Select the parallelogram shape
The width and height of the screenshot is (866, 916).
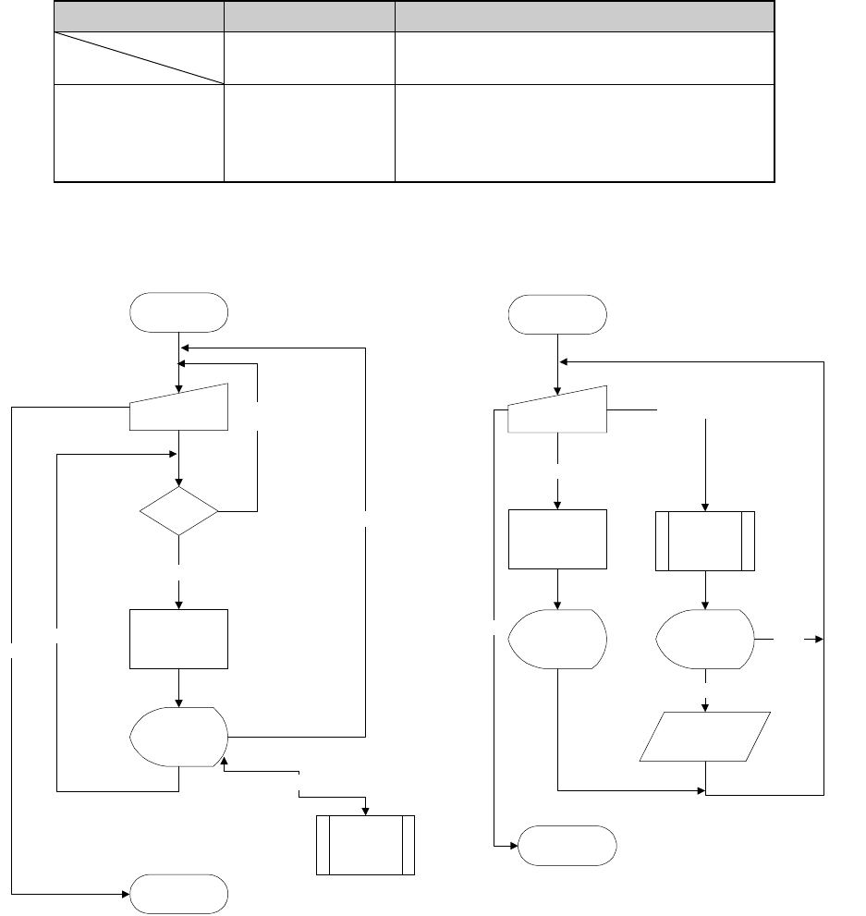coord(705,737)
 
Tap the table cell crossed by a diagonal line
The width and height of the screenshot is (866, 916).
coord(139,58)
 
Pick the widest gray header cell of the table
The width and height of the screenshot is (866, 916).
coord(584,16)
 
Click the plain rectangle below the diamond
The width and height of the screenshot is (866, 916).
coord(178,639)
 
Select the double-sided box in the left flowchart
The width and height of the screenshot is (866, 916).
coord(365,844)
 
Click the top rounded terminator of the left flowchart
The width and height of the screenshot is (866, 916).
coord(179,311)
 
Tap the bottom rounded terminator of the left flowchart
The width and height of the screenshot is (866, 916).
coord(179,894)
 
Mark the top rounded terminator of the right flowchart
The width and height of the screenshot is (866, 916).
coord(557,314)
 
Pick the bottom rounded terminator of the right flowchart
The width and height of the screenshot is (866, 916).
coord(567,845)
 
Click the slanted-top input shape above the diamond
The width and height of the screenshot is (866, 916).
coord(178,408)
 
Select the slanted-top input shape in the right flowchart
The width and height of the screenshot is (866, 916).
coord(557,409)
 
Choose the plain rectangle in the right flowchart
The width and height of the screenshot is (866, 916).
coord(557,540)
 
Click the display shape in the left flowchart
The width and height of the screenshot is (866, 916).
coord(179,737)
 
